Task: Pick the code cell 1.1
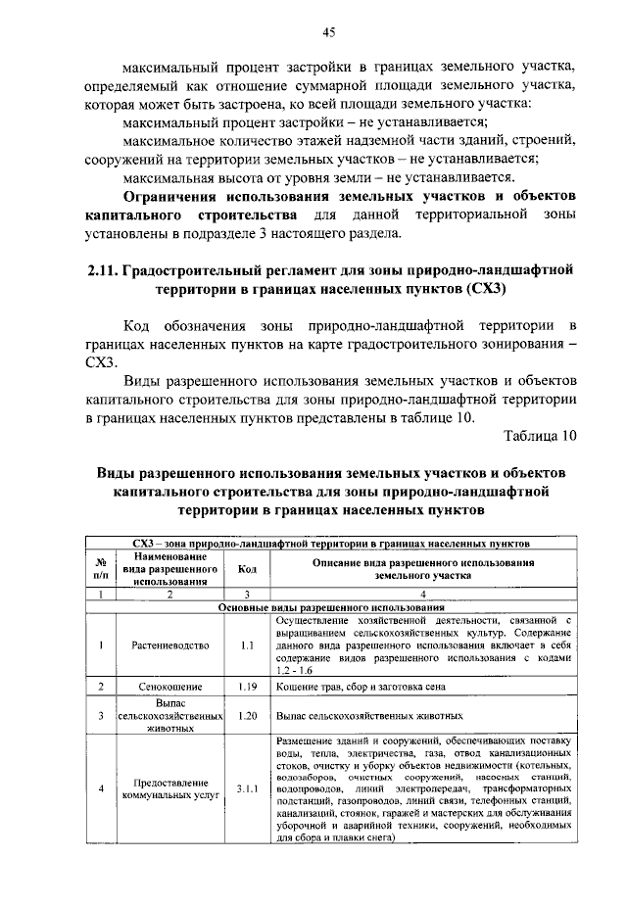pos(247,645)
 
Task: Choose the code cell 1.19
pos(247,687)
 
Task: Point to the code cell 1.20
pos(247,716)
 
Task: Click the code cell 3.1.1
pos(247,788)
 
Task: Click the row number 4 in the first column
pos(100,788)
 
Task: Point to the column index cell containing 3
pos(247,594)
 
